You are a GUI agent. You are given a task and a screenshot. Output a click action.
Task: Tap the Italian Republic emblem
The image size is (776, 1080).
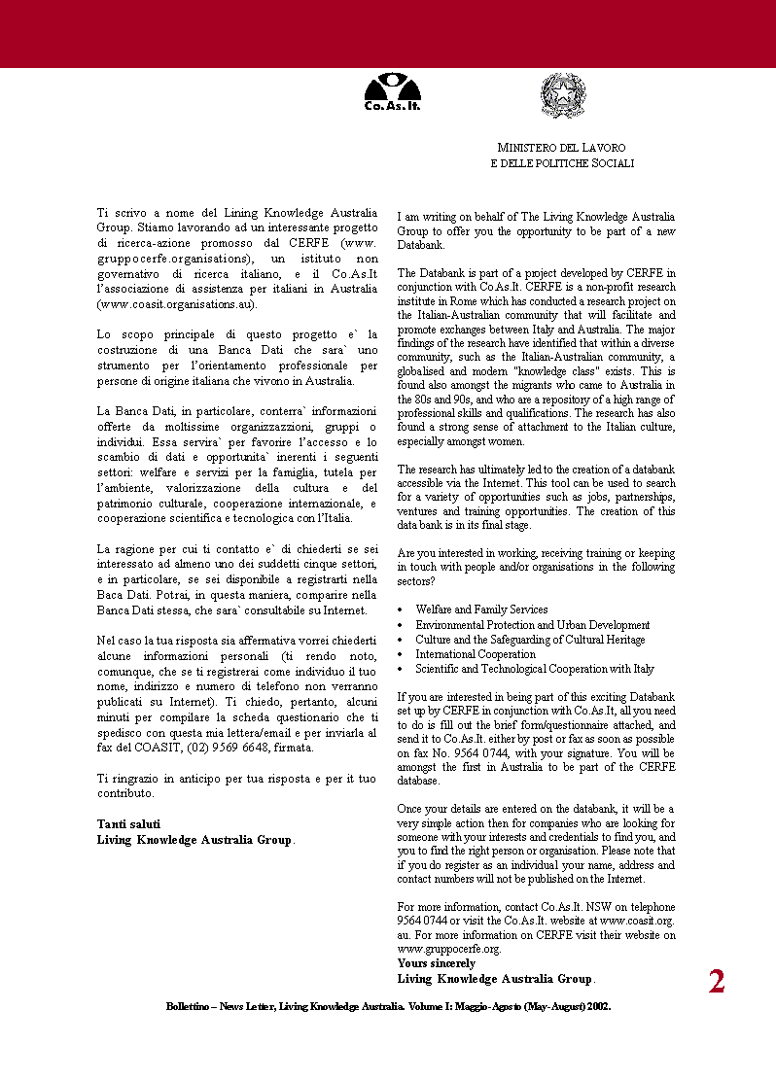[x=562, y=95]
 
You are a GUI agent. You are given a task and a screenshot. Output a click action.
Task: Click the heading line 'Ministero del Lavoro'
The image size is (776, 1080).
[x=562, y=148]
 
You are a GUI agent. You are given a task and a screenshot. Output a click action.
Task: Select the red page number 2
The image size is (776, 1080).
[x=717, y=982]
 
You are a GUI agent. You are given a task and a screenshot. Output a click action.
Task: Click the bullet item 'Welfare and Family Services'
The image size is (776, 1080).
[x=481, y=610]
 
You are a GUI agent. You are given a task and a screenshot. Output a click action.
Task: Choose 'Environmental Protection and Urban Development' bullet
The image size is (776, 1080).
[x=532, y=625]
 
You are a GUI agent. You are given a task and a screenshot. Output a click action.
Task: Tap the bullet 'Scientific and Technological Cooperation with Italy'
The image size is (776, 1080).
[x=535, y=669]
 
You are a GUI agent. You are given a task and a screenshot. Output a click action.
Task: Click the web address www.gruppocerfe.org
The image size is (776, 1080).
[x=448, y=949]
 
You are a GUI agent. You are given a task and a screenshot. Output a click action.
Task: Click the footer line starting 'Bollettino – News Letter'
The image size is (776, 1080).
[x=388, y=1007]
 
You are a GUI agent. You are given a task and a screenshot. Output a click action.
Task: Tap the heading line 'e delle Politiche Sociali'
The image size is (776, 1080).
[x=562, y=163]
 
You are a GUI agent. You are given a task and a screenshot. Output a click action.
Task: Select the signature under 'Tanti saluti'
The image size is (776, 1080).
[x=194, y=840]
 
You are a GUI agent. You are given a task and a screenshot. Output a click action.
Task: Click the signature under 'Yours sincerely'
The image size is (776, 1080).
[x=495, y=979]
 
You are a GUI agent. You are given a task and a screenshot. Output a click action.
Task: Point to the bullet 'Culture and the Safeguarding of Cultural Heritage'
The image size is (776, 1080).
[x=530, y=640]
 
